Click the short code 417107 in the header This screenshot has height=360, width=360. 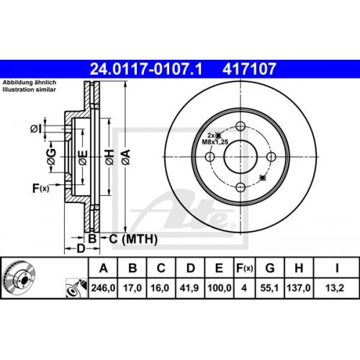click(x=246, y=70)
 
